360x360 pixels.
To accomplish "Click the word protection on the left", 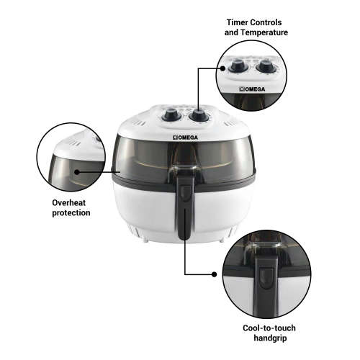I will pyautogui.click(x=71, y=213).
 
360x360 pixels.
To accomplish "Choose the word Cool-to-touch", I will pyautogui.click(x=269, y=328).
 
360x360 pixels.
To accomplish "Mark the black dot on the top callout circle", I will pyautogui.click(x=219, y=69).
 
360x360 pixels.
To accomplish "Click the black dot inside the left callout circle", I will pyautogui.click(x=75, y=172).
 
